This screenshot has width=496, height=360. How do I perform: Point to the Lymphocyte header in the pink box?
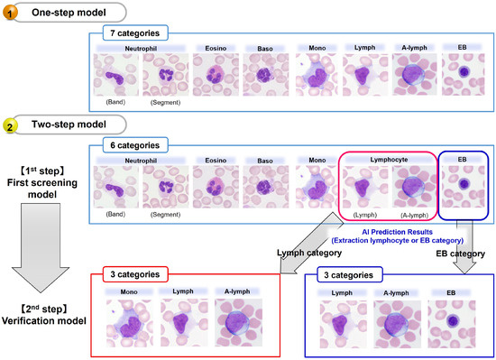(387, 160)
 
